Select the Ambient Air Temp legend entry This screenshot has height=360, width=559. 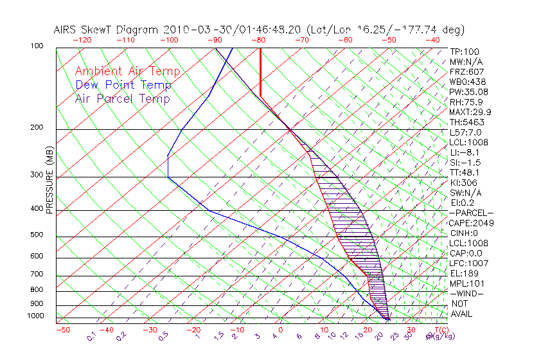pyautogui.click(x=127, y=71)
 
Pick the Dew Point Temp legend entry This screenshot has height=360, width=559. pyautogui.click(x=123, y=85)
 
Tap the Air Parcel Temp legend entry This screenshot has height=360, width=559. pyautogui.click(x=122, y=98)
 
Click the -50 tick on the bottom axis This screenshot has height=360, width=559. pyautogui.click(x=62, y=330)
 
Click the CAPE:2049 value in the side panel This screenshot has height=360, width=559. pyautogui.click(x=470, y=223)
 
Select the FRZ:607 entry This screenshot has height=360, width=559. pyautogui.click(x=466, y=71)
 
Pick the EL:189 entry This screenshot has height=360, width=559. pyautogui.click(x=464, y=273)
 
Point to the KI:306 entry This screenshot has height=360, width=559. pyautogui.click(x=465, y=183)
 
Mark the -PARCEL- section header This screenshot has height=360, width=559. pyautogui.click(x=471, y=213)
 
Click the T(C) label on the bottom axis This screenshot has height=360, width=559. pyautogui.click(x=440, y=330)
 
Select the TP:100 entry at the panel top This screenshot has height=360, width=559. pyautogui.click(x=465, y=51)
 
